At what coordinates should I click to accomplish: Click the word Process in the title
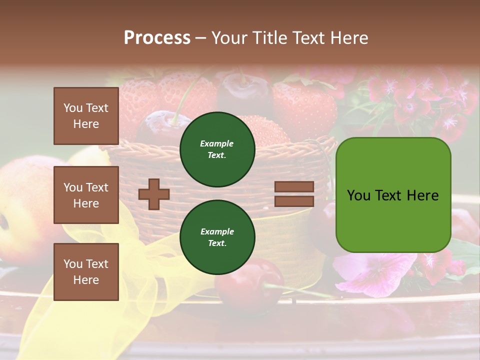157,38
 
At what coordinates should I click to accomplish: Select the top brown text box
86,116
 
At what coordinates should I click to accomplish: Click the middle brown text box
86,195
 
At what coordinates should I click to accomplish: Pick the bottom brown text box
86,272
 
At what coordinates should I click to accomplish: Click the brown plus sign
153,194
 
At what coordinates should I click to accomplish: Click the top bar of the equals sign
294,186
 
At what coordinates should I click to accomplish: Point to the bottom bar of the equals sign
294,201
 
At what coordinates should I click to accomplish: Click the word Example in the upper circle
216,143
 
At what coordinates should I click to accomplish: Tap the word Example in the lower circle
217,231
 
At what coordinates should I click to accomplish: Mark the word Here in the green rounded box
422,195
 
